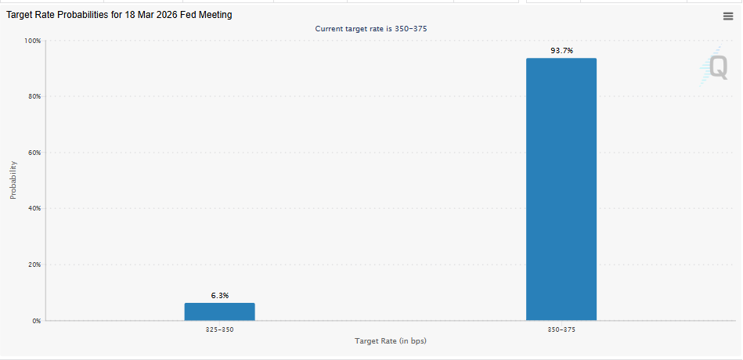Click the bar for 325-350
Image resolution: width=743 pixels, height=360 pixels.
tap(219, 311)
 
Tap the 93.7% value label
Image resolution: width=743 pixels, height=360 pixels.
tap(561, 51)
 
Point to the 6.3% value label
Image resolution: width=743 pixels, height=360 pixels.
tap(220, 296)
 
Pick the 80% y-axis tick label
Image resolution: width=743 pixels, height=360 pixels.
tap(34, 97)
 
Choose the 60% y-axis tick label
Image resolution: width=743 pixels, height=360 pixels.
tap(34, 153)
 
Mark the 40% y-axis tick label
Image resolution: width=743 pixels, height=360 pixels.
tap(34, 209)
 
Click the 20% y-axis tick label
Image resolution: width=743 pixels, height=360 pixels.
tap(34, 265)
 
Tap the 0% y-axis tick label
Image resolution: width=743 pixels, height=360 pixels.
tap(36, 321)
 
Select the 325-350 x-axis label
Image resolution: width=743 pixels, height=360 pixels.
tap(219, 330)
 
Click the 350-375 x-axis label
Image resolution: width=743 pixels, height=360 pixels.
tap(561, 330)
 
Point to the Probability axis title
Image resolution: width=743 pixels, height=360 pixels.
tap(13, 180)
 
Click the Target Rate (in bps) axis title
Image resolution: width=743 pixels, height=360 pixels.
tap(390, 341)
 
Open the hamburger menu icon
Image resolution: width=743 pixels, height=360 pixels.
tap(728, 16)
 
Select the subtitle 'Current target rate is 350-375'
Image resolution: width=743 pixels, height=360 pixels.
tap(370, 29)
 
